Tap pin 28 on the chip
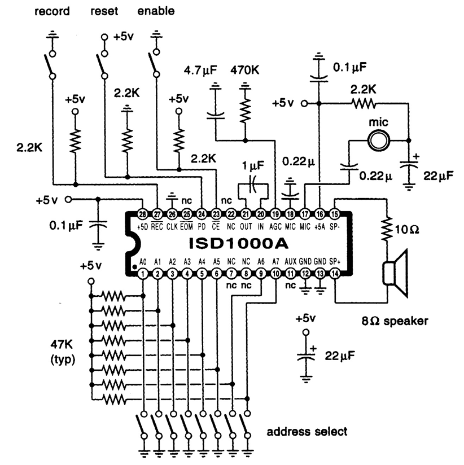click(143, 214)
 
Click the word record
click(51, 11)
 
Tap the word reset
click(104, 11)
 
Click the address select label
click(307, 432)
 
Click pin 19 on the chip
click(275, 214)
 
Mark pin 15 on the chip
click(335, 214)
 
